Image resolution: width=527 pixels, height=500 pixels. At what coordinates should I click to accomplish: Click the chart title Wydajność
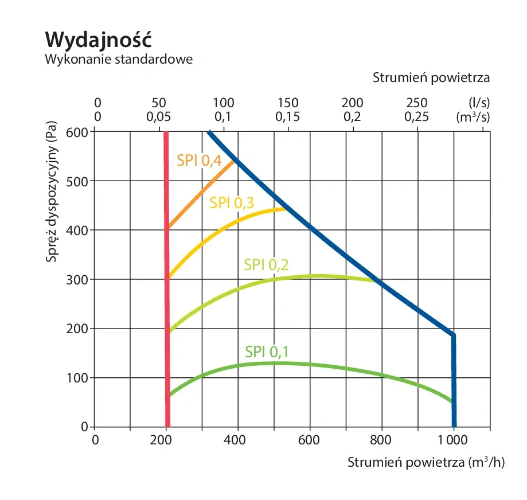pos(97,38)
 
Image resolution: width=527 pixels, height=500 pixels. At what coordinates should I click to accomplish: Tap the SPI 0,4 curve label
pos(198,161)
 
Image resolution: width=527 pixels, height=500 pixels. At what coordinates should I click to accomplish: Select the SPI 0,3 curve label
pos(232,202)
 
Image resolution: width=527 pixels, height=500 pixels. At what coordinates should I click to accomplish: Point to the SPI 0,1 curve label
pos(266,351)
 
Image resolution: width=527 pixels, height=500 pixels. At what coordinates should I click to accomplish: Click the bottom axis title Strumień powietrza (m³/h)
pos(425,462)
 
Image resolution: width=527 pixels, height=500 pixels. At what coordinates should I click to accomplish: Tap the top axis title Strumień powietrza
pos(431,77)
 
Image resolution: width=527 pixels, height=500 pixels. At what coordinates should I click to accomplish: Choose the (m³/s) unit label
pos(474,116)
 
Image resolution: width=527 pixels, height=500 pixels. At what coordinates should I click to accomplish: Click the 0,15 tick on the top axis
pos(288,116)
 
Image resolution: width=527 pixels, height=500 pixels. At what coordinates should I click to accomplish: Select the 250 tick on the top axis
pos(417,103)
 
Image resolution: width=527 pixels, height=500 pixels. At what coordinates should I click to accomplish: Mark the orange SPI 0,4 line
pos(201,195)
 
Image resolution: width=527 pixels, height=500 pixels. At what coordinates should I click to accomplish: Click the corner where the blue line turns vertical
pos(453,335)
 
